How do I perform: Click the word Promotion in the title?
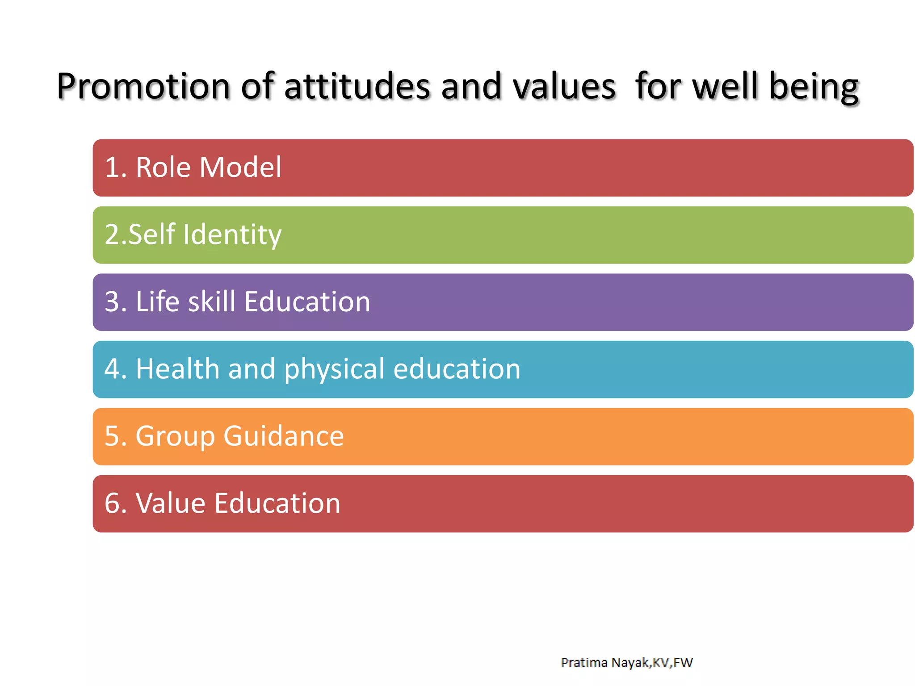pyautogui.click(x=143, y=86)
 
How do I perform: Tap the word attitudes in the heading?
pyautogui.click(x=357, y=86)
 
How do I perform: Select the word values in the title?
pyautogui.click(x=564, y=86)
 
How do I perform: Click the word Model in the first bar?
pyautogui.click(x=240, y=167)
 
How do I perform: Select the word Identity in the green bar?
pyautogui.click(x=232, y=235)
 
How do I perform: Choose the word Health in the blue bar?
pyautogui.click(x=177, y=369)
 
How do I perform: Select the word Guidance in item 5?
pyautogui.click(x=284, y=436)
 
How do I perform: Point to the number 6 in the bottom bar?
pyautogui.click(x=112, y=503)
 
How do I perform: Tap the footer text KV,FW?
pyautogui.click(x=673, y=662)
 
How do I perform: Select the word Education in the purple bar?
pyautogui.click(x=307, y=301)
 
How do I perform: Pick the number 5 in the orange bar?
pyautogui.click(x=112, y=436)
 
